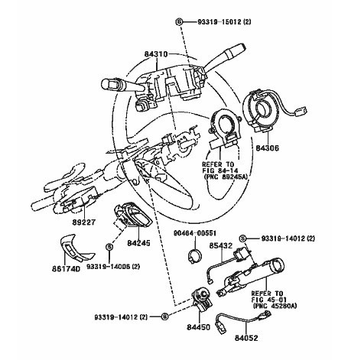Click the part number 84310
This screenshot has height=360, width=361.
pos(156,54)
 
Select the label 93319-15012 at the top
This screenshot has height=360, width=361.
pos(220,22)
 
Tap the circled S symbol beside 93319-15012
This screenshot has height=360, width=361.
pos(179,22)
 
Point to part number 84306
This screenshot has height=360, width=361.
pos(267,148)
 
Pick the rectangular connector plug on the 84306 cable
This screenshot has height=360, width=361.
pos(301,111)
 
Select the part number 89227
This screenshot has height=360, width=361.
pos(83,222)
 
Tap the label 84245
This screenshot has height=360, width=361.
pos(138,243)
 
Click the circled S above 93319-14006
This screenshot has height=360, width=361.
pos(109,247)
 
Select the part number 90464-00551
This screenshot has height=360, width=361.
pos(195,233)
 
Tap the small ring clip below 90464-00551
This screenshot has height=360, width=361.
pos(195,256)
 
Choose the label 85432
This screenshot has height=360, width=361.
pos(221,245)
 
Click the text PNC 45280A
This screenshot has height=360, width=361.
pos(275,306)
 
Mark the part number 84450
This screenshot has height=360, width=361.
pos(199,327)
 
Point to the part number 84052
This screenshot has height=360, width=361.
pos(246,338)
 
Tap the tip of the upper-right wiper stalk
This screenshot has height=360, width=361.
pos(244,47)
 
